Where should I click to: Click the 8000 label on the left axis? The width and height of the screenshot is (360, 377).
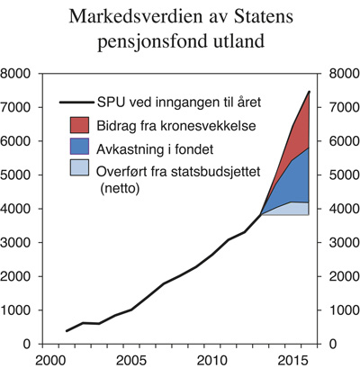[x=18, y=74]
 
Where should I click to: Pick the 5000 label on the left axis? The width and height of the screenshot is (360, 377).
[x=18, y=175]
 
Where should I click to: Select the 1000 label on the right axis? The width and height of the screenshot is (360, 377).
[x=346, y=310]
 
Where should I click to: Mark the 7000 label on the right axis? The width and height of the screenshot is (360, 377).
[x=346, y=107]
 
